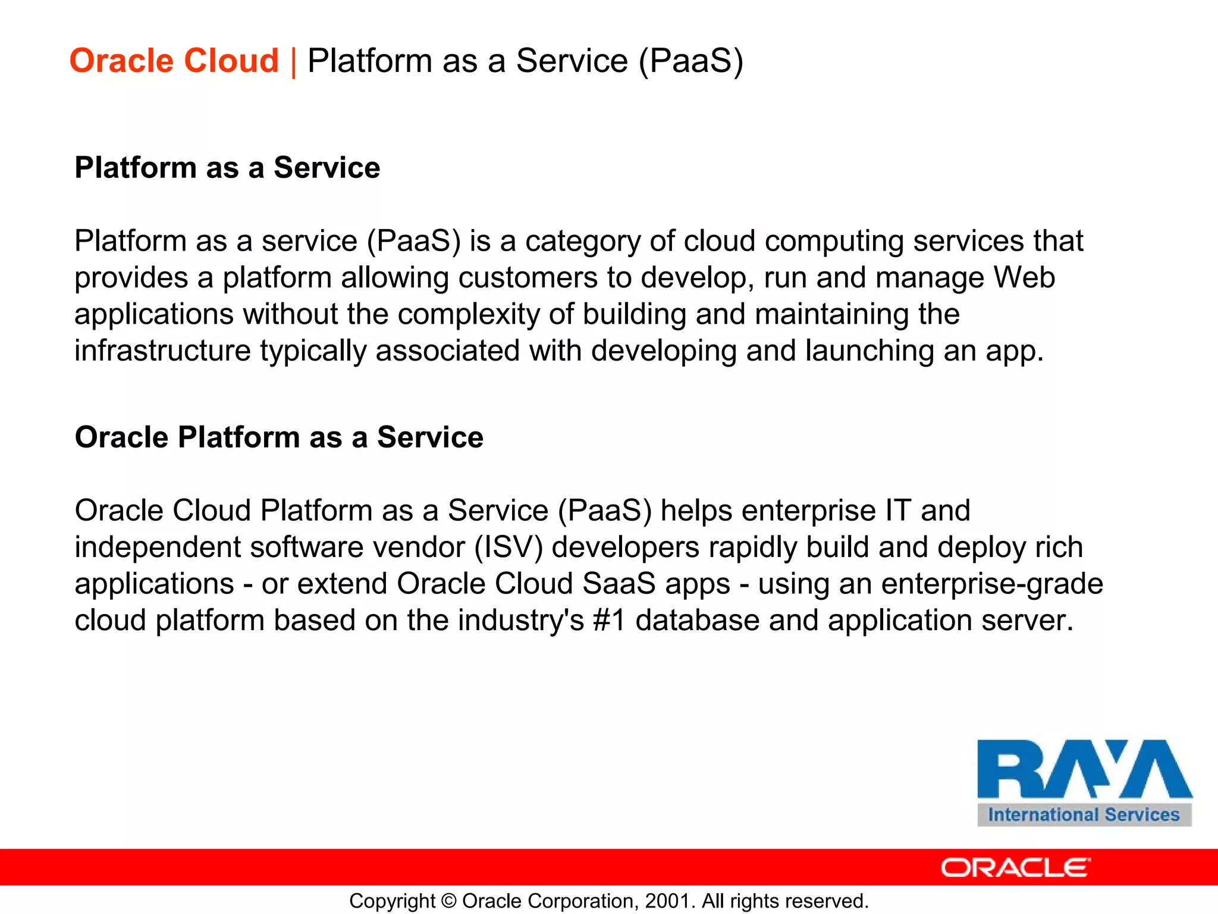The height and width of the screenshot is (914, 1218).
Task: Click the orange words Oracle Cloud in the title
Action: click(174, 61)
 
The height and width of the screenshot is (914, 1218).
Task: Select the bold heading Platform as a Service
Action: click(227, 168)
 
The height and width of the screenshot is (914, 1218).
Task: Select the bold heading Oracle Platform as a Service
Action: click(279, 437)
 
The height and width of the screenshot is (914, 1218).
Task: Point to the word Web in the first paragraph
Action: click(1024, 278)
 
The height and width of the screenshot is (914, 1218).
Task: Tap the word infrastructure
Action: click(162, 350)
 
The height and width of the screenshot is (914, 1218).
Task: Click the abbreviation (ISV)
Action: click(508, 547)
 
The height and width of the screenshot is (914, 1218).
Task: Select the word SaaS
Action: click(619, 584)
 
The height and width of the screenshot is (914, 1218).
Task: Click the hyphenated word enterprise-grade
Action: click(991, 584)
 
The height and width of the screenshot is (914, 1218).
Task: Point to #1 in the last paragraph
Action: click(609, 621)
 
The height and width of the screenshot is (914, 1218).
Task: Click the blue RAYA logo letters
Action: click(1084, 769)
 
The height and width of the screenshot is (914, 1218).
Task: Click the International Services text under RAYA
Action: click(1084, 815)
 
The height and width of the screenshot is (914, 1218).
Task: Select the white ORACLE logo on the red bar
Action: click(1015, 868)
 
